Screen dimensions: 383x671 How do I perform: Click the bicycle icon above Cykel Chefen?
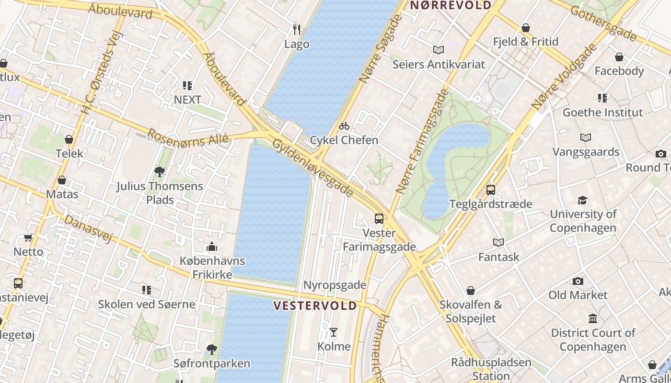[344, 126]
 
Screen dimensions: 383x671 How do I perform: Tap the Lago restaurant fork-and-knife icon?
[297, 30]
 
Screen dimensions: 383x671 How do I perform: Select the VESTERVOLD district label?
[315, 305]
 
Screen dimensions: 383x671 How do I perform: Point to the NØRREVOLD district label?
[451, 5]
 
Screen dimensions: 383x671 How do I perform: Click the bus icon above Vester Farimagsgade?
[379, 219]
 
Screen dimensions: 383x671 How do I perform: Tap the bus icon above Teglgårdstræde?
[491, 190]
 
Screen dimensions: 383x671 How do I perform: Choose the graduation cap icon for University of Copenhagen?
[582, 200]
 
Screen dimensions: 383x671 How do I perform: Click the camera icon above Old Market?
[578, 281]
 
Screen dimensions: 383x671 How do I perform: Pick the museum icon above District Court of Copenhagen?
[593, 319]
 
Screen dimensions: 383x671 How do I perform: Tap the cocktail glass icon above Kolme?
[334, 332]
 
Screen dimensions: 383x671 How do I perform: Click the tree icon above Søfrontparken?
[211, 349]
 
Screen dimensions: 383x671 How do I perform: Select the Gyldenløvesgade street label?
[313, 168]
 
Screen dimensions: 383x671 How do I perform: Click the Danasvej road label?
[88, 229]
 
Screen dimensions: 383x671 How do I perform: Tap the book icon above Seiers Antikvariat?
[439, 50]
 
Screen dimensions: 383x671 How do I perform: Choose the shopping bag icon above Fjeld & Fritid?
[526, 28]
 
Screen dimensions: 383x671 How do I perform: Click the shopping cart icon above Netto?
[28, 238]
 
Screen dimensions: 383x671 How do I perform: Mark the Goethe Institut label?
[602, 113]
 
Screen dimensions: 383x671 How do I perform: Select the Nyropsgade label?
[335, 285]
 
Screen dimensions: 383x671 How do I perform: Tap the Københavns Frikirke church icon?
[212, 247]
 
